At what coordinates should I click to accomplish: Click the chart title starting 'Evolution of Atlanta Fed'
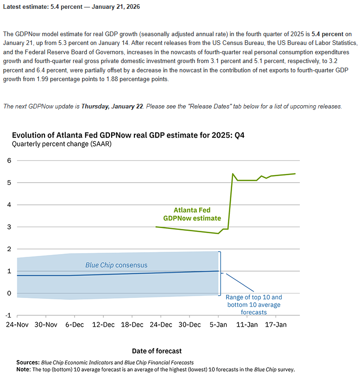coord(128,135)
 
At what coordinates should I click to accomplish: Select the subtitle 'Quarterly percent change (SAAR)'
coord(62,144)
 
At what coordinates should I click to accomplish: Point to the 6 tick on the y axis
coord(8,160)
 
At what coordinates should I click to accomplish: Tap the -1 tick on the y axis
coord(7,315)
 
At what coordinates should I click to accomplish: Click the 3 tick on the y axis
coord(8,227)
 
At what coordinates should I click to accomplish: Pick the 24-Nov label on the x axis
coord(17,325)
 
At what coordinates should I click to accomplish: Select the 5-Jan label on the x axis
coord(218,325)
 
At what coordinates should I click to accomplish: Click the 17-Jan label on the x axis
coord(275,325)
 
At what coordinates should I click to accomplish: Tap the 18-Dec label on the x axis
coord(132,325)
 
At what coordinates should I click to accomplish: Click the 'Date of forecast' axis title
coord(157,351)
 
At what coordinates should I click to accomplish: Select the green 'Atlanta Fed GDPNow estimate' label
coord(192,214)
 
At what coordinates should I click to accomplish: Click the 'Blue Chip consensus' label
coord(116,265)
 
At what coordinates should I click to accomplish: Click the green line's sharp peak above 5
coord(233,174)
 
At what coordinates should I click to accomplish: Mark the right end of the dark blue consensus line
coord(218,271)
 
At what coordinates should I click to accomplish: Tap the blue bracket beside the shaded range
coord(221,273)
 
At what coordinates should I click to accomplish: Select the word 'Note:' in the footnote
coord(23,369)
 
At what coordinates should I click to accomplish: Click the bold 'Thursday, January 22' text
coord(112,106)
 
